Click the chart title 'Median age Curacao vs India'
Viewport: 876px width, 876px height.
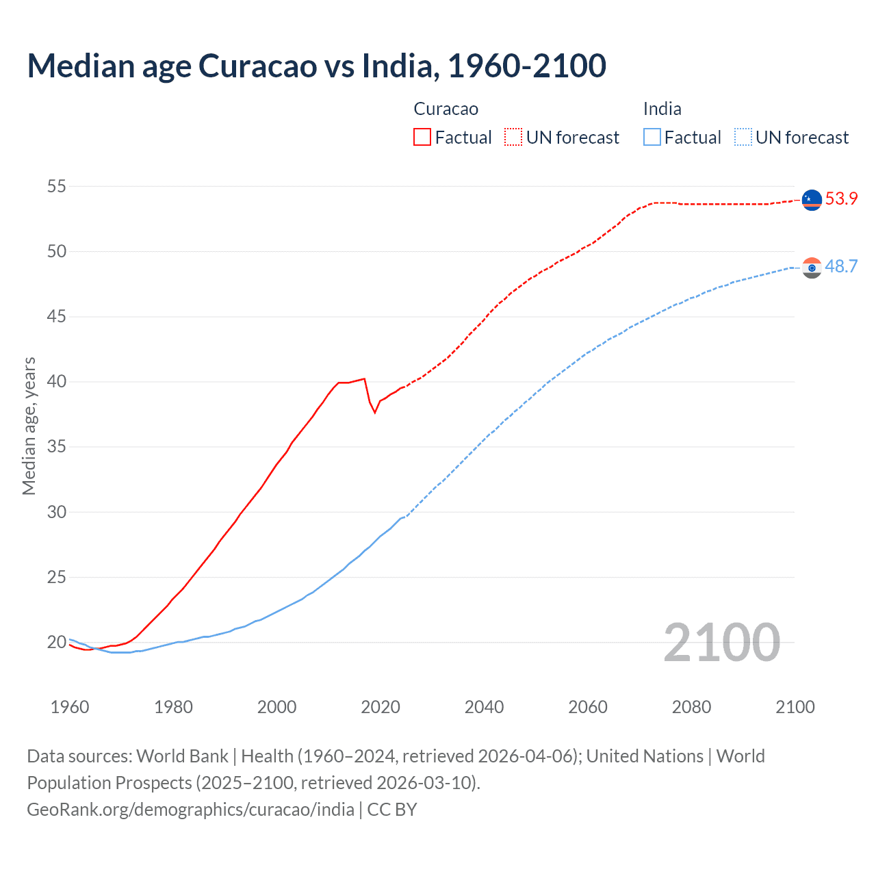point(316,66)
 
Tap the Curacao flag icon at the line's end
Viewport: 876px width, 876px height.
point(811,200)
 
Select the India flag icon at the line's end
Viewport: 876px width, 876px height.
point(811,268)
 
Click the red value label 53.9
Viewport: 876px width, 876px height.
point(841,199)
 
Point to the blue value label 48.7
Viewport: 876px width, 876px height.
point(841,267)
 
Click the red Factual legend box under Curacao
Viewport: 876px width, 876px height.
point(422,138)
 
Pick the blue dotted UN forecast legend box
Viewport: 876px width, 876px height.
point(743,138)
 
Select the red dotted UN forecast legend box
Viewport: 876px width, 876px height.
point(513,138)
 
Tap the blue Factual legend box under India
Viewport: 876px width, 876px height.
point(652,138)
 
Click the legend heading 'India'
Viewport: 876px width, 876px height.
point(662,109)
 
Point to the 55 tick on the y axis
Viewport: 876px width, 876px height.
point(57,186)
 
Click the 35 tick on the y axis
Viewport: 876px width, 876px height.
point(57,447)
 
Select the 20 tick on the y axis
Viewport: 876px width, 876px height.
point(57,642)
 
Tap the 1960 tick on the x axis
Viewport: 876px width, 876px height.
point(70,707)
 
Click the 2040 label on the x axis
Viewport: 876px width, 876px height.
point(484,707)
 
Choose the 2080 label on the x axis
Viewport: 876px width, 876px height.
point(691,707)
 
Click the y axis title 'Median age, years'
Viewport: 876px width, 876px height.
point(29,426)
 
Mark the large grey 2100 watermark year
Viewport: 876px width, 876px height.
point(721,643)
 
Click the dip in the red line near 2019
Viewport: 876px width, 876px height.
point(374,412)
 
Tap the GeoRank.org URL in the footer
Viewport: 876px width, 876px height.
point(190,810)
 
